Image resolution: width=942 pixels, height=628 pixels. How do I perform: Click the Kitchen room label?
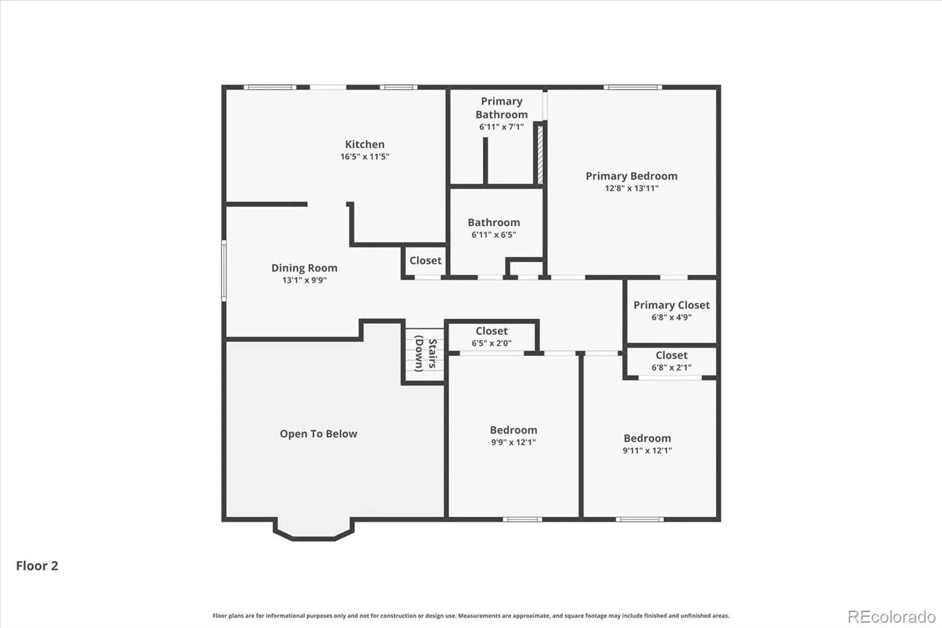364,144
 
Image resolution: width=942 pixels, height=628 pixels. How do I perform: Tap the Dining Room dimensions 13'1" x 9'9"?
304,280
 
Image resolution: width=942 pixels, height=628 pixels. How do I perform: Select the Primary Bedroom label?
632,176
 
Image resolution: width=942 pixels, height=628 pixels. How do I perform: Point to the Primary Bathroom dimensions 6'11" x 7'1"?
501,127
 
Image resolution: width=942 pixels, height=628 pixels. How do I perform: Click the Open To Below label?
319,434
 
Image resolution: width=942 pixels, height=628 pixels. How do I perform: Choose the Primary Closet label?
672,305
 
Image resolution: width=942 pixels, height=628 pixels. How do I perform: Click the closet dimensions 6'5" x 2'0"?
492,343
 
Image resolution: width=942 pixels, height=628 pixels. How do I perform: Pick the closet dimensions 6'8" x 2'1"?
672,368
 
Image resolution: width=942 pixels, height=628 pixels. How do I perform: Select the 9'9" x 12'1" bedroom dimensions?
513,442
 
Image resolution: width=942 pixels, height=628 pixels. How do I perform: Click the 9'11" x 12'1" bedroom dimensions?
647,450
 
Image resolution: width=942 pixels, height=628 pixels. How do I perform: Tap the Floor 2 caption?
37,566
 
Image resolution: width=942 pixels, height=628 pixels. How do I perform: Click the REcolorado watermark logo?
891,617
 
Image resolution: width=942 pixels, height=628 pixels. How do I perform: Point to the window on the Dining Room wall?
224,270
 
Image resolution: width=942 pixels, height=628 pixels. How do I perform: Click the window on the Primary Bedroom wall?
633,87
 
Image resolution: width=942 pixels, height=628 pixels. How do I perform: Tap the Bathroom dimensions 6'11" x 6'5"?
494,234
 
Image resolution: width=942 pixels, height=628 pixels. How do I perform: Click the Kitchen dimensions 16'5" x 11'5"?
364,157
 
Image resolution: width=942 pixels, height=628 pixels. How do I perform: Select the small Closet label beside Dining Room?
426,260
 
